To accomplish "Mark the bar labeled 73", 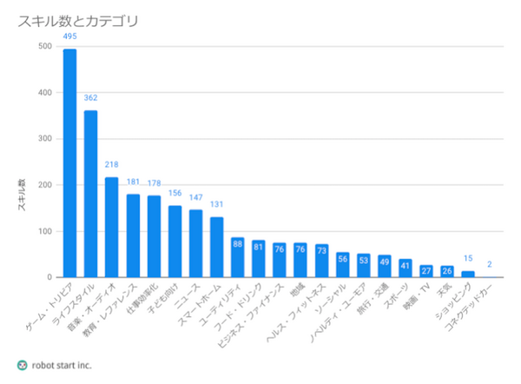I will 322,261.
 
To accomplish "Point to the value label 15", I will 469,259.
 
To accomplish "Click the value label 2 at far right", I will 490,264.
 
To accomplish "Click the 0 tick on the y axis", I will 50,278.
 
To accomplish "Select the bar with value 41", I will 406,268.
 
